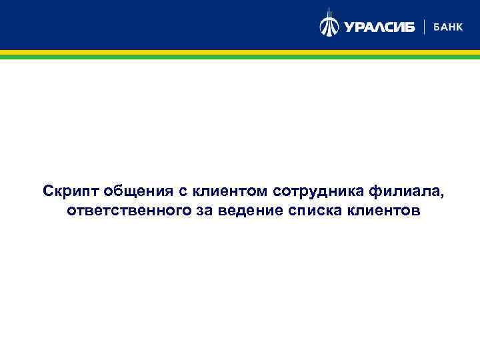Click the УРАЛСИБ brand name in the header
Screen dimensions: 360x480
point(379,27)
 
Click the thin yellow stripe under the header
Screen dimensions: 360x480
point(240,52)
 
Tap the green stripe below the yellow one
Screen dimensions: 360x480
point(240,57)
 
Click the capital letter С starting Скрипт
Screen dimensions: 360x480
point(48,191)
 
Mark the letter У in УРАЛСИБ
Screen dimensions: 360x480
point(349,27)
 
